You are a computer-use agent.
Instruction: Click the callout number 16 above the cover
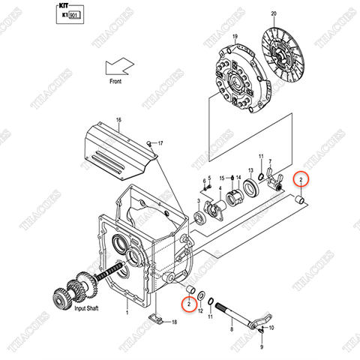coord(118,120)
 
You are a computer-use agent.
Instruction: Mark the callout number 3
coord(199,202)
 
